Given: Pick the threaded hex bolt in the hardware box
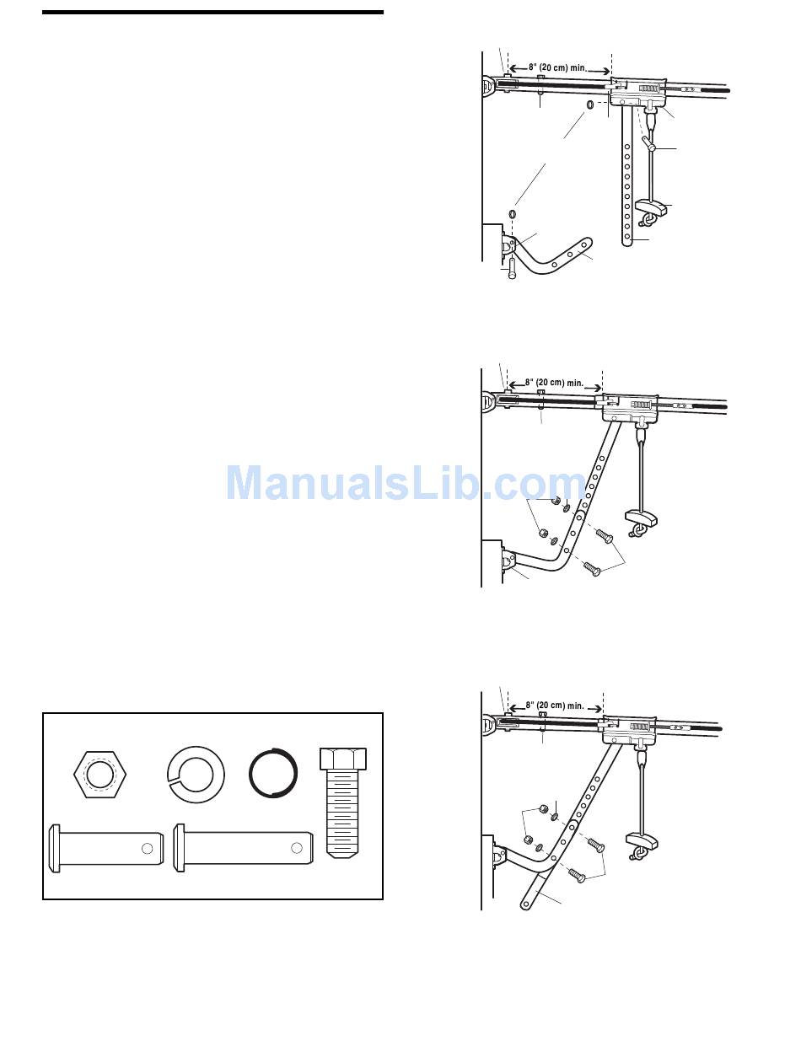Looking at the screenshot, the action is tap(343, 801).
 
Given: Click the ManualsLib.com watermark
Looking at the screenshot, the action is tap(406, 483).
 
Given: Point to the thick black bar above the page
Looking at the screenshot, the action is tap(212, 13).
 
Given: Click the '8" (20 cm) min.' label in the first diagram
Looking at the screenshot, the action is tap(559, 67).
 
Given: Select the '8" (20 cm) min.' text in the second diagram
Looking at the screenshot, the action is tap(554, 382).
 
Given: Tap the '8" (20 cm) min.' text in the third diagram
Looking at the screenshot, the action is tap(554, 705).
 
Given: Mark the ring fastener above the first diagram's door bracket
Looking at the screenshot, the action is tap(512, 214).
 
